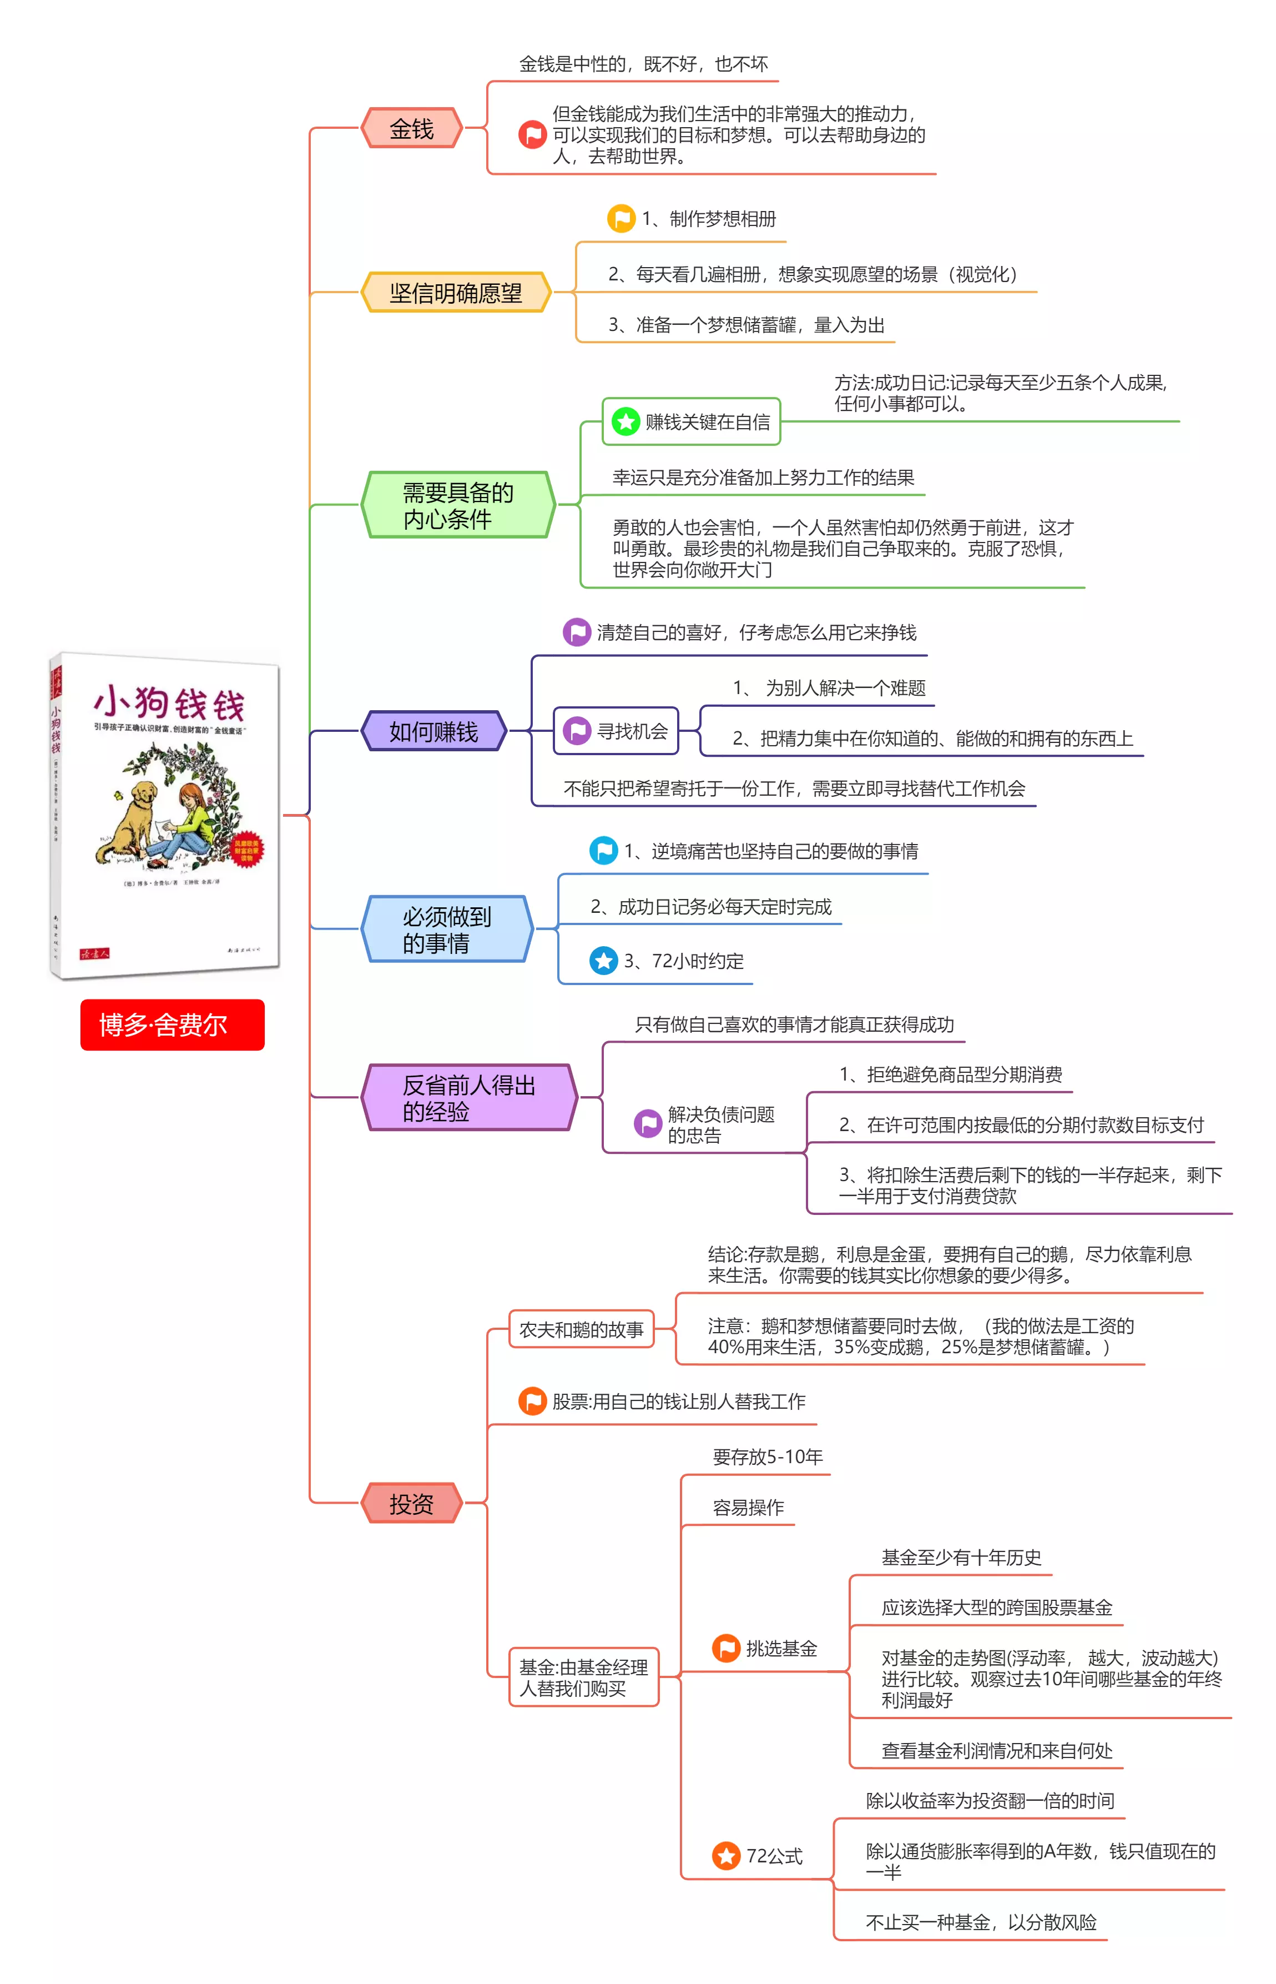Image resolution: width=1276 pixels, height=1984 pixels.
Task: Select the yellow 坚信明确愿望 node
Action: (x=456, y=293)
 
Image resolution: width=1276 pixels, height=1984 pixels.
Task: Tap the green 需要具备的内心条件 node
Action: (x=458, y=505)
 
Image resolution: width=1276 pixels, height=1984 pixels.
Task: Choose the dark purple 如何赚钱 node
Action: (x=433, y=731)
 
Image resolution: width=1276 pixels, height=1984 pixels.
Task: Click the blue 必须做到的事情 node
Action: (x=447, y=929)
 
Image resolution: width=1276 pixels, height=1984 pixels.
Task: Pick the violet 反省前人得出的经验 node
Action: (x=469, y=1097)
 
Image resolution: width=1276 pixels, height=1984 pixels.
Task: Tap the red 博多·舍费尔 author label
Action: (x=173, y=1024)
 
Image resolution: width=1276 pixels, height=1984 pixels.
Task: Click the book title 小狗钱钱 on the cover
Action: (x=169, y=703)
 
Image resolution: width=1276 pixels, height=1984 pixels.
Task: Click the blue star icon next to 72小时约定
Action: (x=603, y=961)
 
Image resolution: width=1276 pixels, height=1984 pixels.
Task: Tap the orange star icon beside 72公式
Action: (x=726, y=1856)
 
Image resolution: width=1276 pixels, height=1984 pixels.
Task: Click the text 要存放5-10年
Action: (x=767, y=1456)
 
